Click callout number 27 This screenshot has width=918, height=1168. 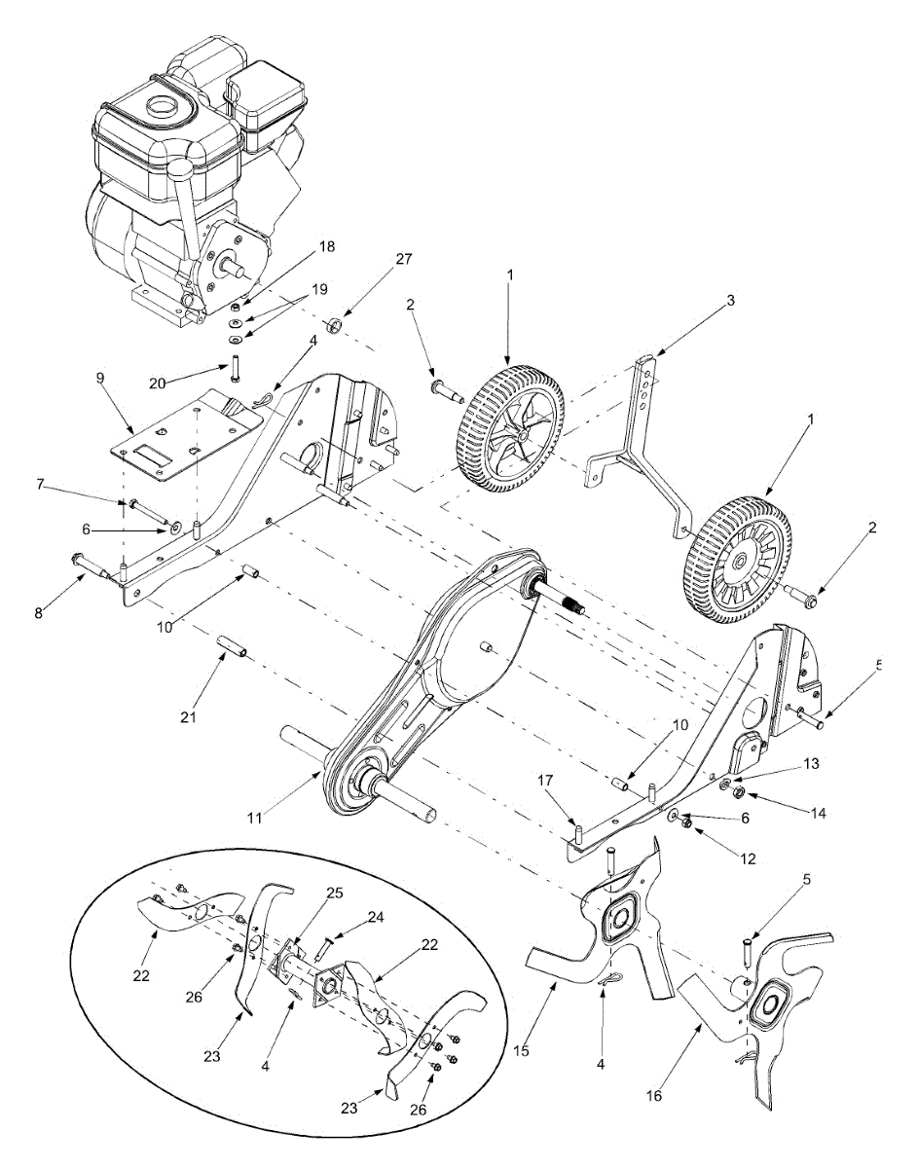click(403, 260)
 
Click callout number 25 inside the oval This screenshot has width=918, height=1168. click(335, 893)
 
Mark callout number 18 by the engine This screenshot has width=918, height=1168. click(325, 247)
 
